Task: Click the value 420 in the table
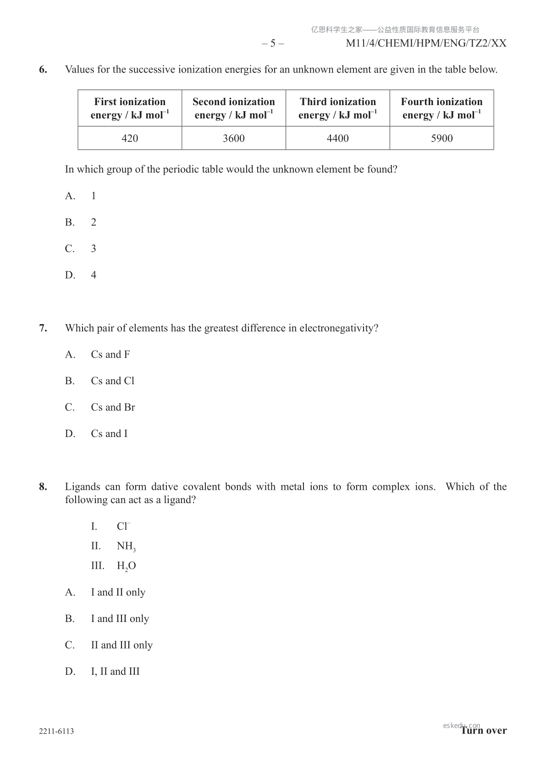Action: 130,138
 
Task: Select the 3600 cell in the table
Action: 234,138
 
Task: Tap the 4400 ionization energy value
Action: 338,138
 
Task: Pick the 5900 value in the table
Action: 442,138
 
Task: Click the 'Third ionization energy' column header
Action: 338,108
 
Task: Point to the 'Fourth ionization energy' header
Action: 442,108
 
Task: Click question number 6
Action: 43,70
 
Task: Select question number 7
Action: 43,328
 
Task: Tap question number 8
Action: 43,487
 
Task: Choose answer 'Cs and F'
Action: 110,354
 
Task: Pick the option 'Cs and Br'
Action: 113,407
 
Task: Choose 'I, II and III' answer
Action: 115,672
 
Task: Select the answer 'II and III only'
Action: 121,645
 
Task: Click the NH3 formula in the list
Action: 126,546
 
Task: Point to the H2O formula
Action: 126,566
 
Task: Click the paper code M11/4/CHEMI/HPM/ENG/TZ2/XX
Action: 426,44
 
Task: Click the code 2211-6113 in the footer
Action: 56,731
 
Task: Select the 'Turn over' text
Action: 484,731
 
